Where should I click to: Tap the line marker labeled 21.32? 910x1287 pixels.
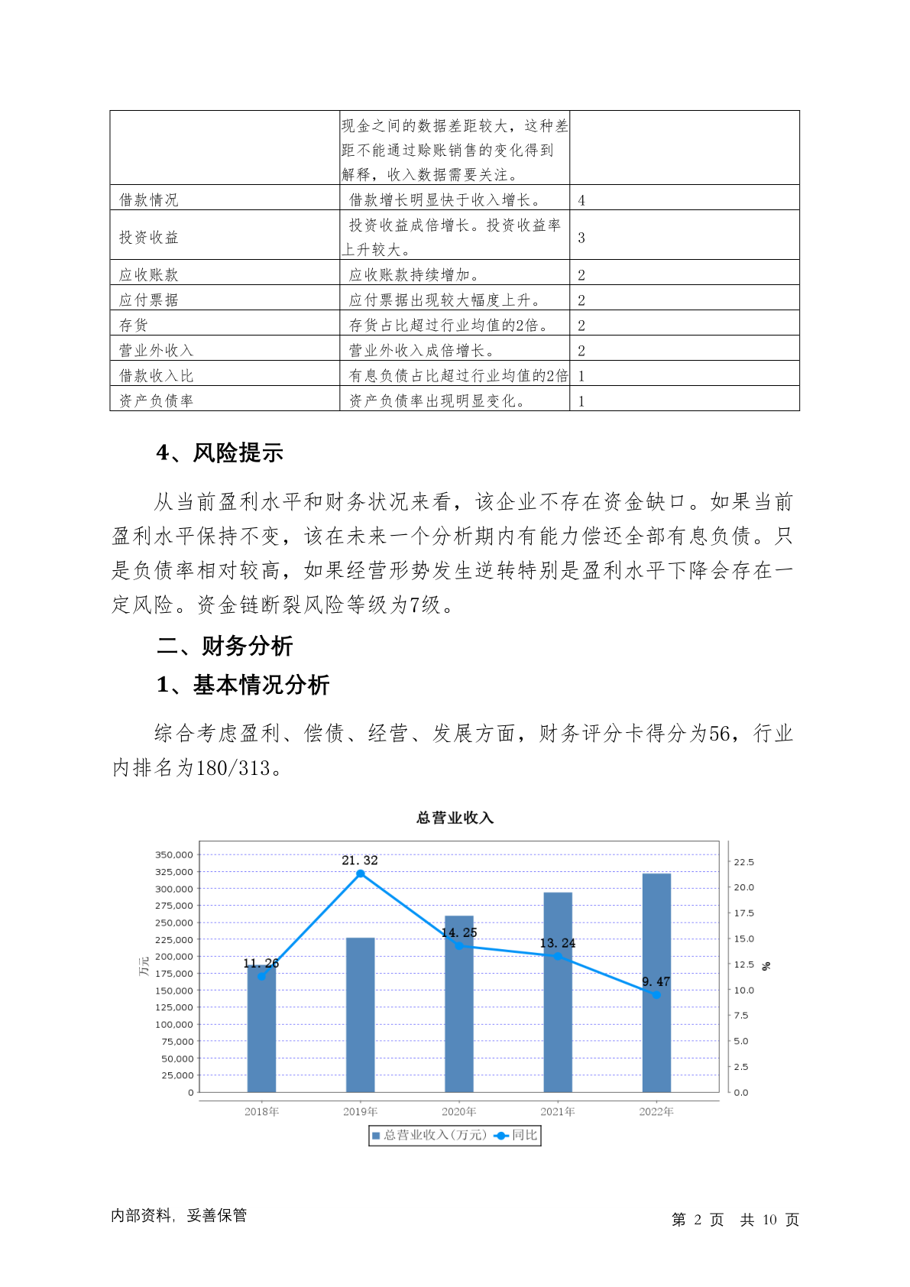coord(361,874)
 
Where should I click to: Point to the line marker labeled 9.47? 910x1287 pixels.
coord(656,994)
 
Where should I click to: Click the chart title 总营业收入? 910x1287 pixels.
coord(455,818)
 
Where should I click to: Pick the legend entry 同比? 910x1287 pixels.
coord(518,1136)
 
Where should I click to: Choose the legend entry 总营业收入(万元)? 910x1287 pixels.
coord(429,1136)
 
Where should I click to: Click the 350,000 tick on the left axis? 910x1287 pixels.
coord(174,854)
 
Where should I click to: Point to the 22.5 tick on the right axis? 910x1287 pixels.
coord(743,862)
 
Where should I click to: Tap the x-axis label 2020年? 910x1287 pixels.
coord(458,1112)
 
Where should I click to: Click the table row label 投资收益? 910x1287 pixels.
coord(149,238)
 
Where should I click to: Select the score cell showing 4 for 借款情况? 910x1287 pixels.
coord(581,200)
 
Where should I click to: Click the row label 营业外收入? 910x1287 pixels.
coord(157,351)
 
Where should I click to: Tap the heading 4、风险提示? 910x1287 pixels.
coord(219,452)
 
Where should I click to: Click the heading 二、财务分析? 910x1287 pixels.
coord(225,647)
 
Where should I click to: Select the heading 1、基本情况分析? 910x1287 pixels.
coord(242,685)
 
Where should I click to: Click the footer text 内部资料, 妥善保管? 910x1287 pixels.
coord(179,1215)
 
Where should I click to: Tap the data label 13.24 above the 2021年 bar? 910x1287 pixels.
coord(558,943)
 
